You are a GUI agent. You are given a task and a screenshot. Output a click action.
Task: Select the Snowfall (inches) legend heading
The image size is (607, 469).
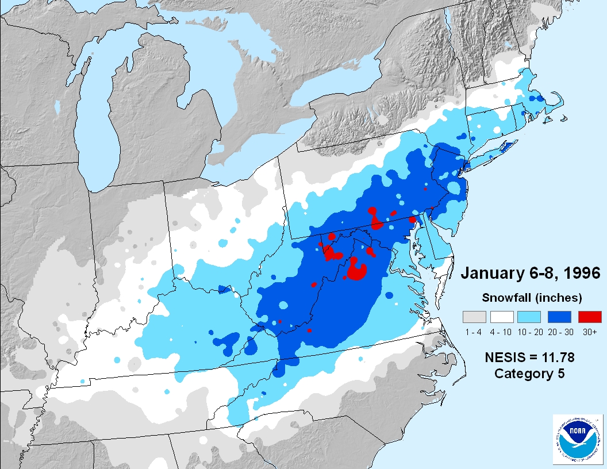[532, 298]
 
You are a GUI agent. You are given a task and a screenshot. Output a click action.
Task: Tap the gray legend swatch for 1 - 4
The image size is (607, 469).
[474, 317]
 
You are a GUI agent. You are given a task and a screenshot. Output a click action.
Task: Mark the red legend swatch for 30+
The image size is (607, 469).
[589, 317]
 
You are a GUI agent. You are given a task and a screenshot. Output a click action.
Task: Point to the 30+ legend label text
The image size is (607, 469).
[589, 332]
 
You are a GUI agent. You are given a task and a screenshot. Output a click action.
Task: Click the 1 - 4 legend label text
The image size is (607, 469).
[474, 332]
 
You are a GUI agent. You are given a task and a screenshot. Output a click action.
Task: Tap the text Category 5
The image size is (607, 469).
[529, 374]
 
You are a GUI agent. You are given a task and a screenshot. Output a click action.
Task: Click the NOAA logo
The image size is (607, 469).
[577, 440]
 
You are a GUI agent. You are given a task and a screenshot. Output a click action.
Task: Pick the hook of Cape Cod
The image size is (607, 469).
[560, 103]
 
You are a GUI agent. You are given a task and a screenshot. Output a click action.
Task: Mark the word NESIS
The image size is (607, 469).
[506, 357]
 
